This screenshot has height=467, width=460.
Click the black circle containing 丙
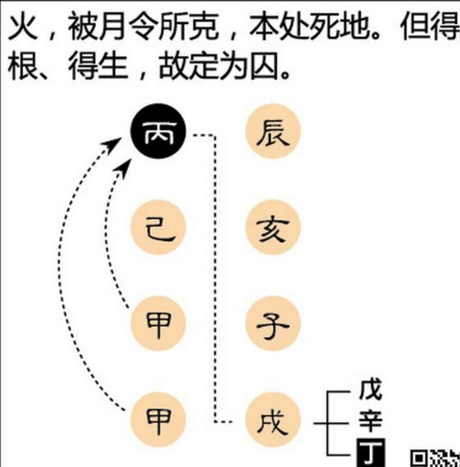[158, 131]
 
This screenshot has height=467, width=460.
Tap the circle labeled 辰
[273, 131]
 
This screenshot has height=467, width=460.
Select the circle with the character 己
[158, 227]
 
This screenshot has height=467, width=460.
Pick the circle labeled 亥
[273, 227]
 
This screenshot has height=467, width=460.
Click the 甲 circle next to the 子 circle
[158, 324]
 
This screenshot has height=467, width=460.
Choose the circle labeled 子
[273, 324]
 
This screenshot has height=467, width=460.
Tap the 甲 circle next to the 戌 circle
[158, 419]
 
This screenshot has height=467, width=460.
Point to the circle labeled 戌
[273, 419]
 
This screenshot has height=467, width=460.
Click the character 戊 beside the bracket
[370, 389]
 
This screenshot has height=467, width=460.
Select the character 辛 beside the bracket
[370, 420]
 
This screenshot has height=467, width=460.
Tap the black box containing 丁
[371, 453]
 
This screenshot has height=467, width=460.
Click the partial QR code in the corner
[435, 458]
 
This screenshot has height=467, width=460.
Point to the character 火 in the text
[23, 26]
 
